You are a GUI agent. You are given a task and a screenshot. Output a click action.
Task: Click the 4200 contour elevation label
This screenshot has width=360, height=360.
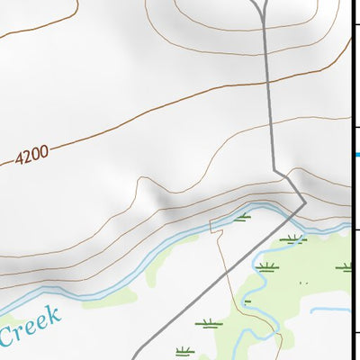coord(31,156)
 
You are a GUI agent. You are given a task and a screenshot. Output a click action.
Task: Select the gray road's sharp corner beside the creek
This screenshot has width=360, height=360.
coord(305,203)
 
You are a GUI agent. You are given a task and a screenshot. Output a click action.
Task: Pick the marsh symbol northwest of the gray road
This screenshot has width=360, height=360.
coord(242,217)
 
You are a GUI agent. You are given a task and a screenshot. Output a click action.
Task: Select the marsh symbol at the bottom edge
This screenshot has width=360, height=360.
coord(184,349)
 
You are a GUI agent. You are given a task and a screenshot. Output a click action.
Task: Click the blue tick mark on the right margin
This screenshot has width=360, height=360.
coord(356,154)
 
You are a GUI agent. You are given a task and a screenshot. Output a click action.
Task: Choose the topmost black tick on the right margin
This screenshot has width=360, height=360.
coord(355,27)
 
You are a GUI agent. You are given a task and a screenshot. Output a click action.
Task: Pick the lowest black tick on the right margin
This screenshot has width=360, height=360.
coord(355,334)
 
